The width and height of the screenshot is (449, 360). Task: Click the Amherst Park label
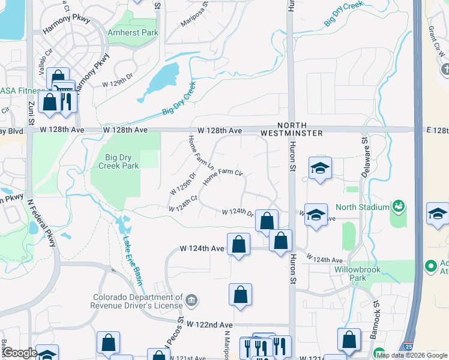pos(132,32)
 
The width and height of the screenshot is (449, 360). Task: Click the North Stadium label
pos(362,208)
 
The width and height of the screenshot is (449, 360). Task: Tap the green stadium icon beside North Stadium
pos(397,207)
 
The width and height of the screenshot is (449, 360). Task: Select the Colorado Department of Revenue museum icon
pos(190,299)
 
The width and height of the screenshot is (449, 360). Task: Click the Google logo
pos(20,353)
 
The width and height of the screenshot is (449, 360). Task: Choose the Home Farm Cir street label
pos(222,176)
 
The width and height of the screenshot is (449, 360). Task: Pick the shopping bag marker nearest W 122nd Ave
pos(240,295)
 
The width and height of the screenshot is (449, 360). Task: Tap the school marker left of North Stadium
pos(315,214)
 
